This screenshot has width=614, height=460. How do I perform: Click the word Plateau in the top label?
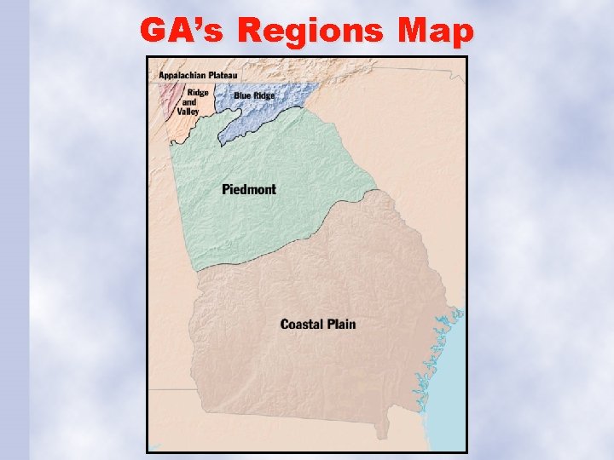click(x=225, y=75)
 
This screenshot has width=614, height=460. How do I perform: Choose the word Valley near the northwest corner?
click(x=188, y=112)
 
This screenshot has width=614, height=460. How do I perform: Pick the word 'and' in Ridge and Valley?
click(x=188, y=102)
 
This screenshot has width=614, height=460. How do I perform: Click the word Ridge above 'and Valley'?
click(x=198, y=93)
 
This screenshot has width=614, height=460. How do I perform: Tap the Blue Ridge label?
click(x=254, y=95)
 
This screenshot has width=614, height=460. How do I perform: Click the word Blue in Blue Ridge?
click(x=242, y=95)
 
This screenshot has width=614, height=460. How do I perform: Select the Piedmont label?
click(x=249, y=188)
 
